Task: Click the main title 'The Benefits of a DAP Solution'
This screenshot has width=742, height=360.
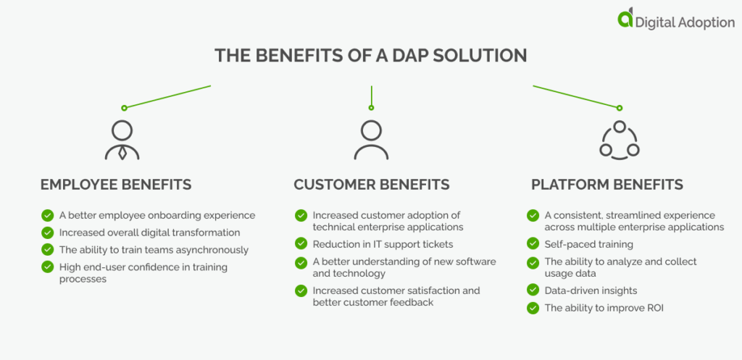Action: (370, 55)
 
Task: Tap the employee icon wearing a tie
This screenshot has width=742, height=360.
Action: (122, 140)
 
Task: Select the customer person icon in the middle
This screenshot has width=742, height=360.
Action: (371, 140)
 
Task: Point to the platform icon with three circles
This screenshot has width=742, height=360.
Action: (620, 140)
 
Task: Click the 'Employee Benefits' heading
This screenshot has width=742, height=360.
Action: (116, 185)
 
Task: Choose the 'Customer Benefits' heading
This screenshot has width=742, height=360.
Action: (372, 185)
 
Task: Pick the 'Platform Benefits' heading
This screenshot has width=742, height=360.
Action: (607, 185)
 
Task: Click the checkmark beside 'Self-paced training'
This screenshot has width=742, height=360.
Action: (533, 245)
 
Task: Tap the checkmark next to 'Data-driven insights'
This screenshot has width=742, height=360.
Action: (533, 290)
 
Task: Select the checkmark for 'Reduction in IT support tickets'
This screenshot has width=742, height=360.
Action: (301, 243)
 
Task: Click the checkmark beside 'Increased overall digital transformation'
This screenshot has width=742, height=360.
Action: (48, 233)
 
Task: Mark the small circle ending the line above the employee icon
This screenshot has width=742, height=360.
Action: (124, 108)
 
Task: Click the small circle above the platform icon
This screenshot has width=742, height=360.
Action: (619, 108)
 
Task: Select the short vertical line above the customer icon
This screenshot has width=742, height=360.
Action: (371, 96)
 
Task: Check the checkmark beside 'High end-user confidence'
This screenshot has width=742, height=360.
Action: (48, 267)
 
